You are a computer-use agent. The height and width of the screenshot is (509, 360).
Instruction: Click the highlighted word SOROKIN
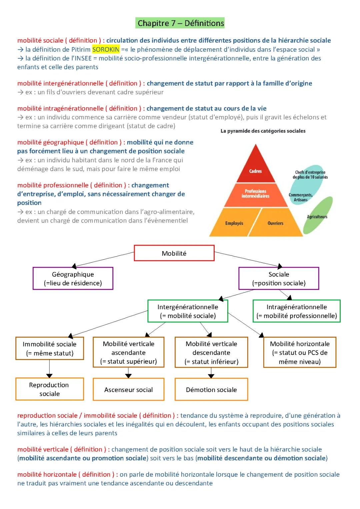[x=106, y=50]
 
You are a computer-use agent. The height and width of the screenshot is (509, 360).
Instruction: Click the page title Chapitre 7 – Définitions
[x=181, y=23]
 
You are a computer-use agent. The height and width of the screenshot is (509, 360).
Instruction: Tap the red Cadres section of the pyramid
[x=256, y=168]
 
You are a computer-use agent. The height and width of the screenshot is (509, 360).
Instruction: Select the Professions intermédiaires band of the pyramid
[x=255, y=194]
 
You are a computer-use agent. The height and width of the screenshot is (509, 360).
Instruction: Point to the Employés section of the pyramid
[x=234, y=223]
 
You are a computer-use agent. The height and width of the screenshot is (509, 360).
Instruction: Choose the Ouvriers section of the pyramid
[x=275, y=223]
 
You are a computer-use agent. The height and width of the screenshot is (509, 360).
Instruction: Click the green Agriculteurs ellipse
[x=318, y=216]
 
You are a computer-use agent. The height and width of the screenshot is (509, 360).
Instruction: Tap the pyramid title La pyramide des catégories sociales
[x=263, y=131]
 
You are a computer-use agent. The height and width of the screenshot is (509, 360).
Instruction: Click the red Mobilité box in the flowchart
[x=174, y=253]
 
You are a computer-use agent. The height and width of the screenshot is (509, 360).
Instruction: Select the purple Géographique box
[x=73, y=278]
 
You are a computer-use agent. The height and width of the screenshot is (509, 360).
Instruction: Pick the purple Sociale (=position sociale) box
[x=279, y=278]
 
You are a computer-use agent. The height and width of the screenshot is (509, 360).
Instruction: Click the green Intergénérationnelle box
[x=188, y=311]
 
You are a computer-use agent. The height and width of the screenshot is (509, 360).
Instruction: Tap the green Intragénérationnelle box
[x=297, y=311]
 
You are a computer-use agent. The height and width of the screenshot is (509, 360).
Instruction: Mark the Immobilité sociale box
[x=49, y=348]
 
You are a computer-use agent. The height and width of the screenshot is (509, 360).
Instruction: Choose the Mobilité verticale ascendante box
[x=128, y=352]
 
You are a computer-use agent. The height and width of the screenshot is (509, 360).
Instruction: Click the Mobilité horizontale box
[x=300, y=352]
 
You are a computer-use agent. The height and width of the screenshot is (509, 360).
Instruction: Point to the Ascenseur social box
[x=128, y=389]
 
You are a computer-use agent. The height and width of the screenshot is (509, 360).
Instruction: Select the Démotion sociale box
[x=211, y=389]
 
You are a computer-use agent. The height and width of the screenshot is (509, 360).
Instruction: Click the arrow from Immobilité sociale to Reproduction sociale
[x=49, y=369]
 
